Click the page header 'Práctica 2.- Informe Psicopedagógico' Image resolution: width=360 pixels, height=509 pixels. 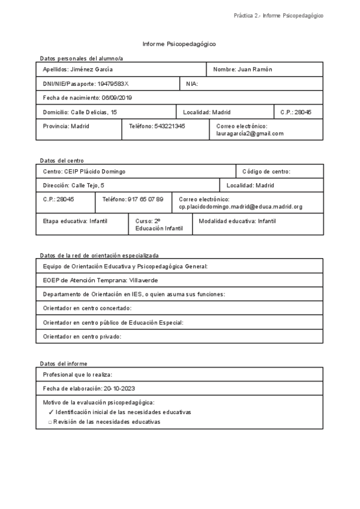click(278, 16)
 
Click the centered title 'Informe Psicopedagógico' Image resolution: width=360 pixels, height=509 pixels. click(179, 44)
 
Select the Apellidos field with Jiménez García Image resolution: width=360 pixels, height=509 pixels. click(78, 70)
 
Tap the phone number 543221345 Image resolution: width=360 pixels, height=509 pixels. click(170, 126)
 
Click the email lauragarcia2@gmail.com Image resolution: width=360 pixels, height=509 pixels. click(250, 133)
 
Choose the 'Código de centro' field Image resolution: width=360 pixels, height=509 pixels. click(266, 172)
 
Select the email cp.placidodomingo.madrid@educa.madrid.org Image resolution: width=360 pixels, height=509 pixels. click(241, 206)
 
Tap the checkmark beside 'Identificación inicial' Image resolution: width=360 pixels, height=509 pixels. click(50, 412)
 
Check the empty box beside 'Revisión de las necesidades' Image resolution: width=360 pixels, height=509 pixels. click(50, 422)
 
